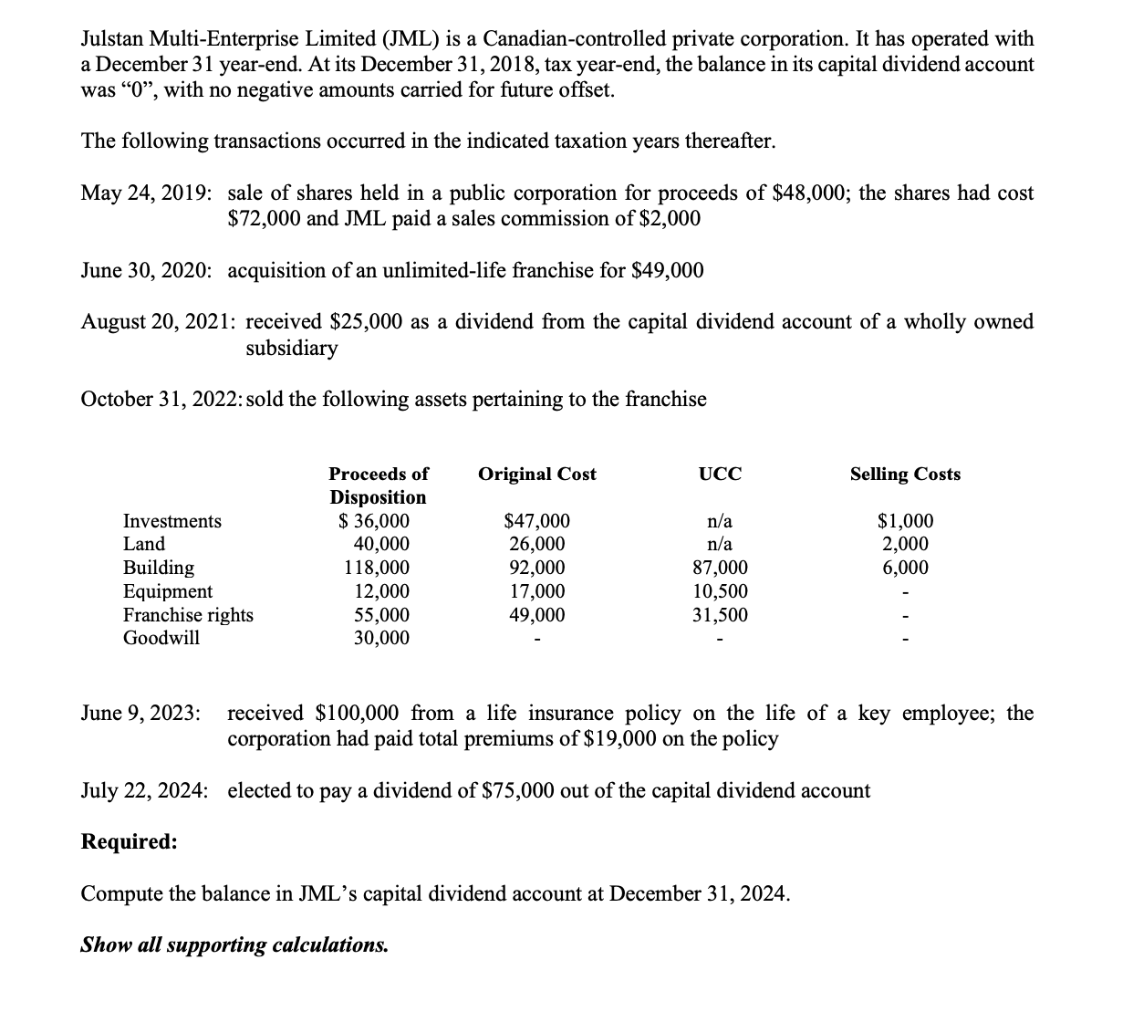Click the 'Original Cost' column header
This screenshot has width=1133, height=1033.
[536, 475]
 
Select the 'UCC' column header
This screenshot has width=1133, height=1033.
[720, 475]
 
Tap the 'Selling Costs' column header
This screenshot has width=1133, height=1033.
[905, 475]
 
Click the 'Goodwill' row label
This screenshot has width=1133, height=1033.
[161, 638]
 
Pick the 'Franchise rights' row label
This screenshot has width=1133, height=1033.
[188, 615]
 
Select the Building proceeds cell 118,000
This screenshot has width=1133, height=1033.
[376, 568]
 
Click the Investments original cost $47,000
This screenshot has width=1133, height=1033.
[536, 521]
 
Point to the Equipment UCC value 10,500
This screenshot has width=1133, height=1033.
[720, 591]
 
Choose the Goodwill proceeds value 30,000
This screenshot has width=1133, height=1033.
[381, 638]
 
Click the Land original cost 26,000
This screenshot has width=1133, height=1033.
[536, 545]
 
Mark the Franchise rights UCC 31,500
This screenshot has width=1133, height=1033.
[720, 615]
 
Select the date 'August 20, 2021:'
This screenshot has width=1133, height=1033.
[159, 322]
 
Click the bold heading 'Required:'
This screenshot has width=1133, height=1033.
[130, 841]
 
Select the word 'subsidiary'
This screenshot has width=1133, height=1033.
[292, 349]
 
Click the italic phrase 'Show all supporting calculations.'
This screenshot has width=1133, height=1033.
[234, 944]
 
